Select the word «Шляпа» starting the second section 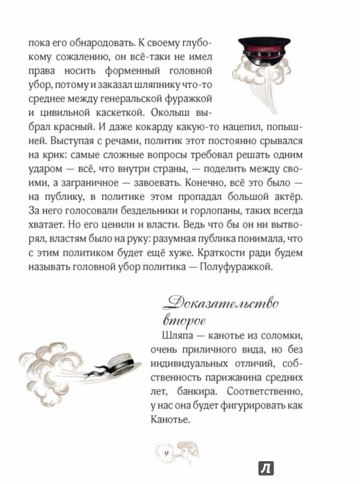pos(171,337)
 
